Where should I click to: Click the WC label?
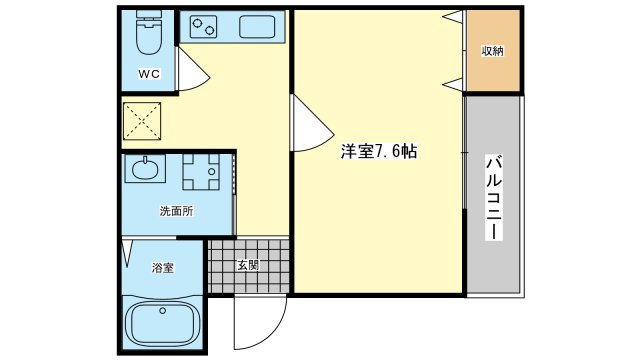149,74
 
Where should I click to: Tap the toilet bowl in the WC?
149,40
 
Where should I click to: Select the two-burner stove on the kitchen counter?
203,27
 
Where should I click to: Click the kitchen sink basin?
257,27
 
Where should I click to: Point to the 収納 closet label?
493,51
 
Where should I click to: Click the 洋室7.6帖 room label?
379,151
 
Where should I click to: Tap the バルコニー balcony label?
493,198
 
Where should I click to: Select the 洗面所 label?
176,211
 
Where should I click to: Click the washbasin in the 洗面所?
144,169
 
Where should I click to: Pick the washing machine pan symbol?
201,172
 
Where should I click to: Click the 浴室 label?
163,268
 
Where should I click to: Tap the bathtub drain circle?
162,311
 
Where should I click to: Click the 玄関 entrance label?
248,265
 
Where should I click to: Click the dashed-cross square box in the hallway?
142,121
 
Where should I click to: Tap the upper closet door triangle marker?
453,17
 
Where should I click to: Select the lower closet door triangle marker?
453,84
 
